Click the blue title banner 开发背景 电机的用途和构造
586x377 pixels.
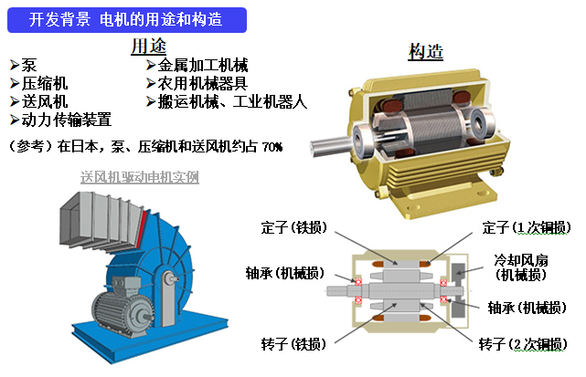(x=127, y=20)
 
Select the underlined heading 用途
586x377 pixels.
(x=148, y=47)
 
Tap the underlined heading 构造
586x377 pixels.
(x=426, y=51)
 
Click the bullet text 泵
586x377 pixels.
(x=28, y=66)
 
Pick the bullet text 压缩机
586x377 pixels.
(x=45, y=83)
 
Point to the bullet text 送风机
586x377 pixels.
(x=45, y=101)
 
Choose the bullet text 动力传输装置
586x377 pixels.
(x=67, y=120)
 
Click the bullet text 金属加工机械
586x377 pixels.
(x=203, y=66)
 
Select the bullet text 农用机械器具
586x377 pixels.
(x=203, y=83)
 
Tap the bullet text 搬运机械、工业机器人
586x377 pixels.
(x=232, y=101)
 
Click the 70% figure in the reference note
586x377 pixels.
(x=272, y=147)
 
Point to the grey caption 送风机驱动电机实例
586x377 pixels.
(x=139, y=177)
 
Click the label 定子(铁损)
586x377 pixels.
(x=294, y=227)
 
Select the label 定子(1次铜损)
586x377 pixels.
(x=527, y=227)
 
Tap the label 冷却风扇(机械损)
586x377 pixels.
(x=520, y=267)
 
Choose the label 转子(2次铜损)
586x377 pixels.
(x=523, y=344)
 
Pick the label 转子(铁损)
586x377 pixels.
(x=293, y=344)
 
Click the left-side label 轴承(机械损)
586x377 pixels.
(x=285, y=273)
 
